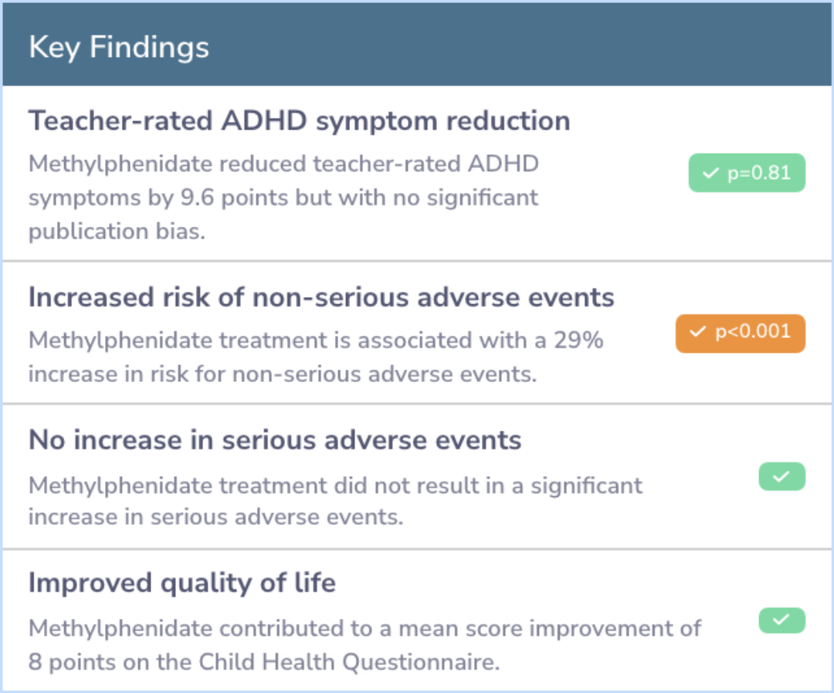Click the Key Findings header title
[x=119, y=47]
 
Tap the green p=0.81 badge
[x=747, y=173]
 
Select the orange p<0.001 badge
[x=741, y=333]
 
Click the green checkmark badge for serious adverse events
[x=781, y=476]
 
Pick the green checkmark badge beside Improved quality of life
[x=781, y=620]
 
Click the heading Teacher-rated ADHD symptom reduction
[x=300, y=120]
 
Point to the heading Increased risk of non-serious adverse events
[x=321, y=297]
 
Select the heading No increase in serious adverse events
[x=275, y=440]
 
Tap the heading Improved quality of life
[x=182, y=583]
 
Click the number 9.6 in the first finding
[x=197, y=198]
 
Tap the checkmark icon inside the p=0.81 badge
[x=710, y=173]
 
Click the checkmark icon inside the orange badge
[x=697, y=332]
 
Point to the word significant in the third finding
[x=587, y=485]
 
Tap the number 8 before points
[x=35, y=662]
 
